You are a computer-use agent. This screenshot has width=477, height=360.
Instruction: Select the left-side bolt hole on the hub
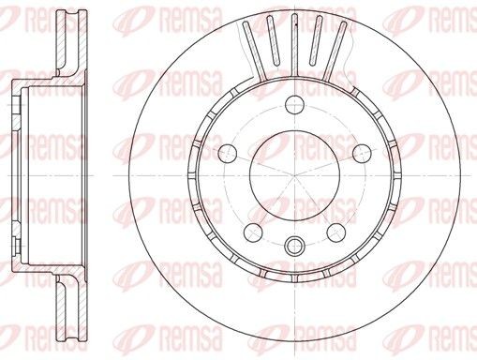click(224, 152)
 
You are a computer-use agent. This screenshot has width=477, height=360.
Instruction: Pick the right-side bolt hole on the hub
click(362, 152)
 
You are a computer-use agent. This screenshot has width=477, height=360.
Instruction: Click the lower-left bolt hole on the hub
click(250, 232)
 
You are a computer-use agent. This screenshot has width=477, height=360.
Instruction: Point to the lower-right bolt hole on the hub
click(335, 232)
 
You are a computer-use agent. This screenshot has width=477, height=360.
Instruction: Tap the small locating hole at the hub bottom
click(292, 247)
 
